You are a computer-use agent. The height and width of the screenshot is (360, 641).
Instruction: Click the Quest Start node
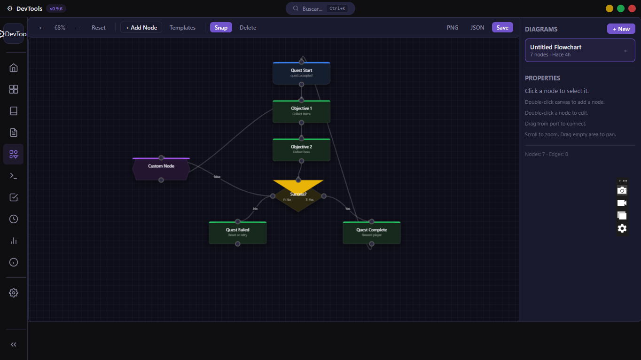click(x=301, y=73)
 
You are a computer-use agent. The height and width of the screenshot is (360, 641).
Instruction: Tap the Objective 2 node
click(x=301, y=150)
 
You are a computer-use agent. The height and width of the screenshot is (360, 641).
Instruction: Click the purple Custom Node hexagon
click(x=161, y=169)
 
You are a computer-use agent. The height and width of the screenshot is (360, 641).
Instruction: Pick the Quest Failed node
click(x=237, y=233)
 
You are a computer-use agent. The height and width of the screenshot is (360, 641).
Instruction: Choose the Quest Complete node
click(x=371, y=233)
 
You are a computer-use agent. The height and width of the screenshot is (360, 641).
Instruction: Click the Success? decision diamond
click(x=298, y=196)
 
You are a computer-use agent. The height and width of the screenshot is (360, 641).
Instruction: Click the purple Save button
click(x=502, y=28)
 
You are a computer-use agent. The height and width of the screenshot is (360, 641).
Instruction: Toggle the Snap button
click(x=221, y=28)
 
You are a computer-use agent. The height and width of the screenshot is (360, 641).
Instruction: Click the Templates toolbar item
click(x=182, y=28)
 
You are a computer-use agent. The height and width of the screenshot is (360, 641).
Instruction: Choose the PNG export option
click(x=453, y=28)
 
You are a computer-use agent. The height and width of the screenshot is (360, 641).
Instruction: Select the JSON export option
click(x=477, y=28)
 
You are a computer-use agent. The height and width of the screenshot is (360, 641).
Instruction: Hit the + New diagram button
click(x=621, y=29)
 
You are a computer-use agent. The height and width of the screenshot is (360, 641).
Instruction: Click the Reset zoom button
click(x=99, y=28)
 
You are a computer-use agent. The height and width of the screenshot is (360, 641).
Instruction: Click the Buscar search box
click(x=320, y=8)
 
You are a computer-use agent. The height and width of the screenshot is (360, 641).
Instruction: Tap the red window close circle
click(x=632, y=8)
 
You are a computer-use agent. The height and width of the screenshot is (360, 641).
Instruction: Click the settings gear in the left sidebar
click(x=14, y=293)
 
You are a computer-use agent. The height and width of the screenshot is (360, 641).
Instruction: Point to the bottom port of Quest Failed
click(x=238, y=244)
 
